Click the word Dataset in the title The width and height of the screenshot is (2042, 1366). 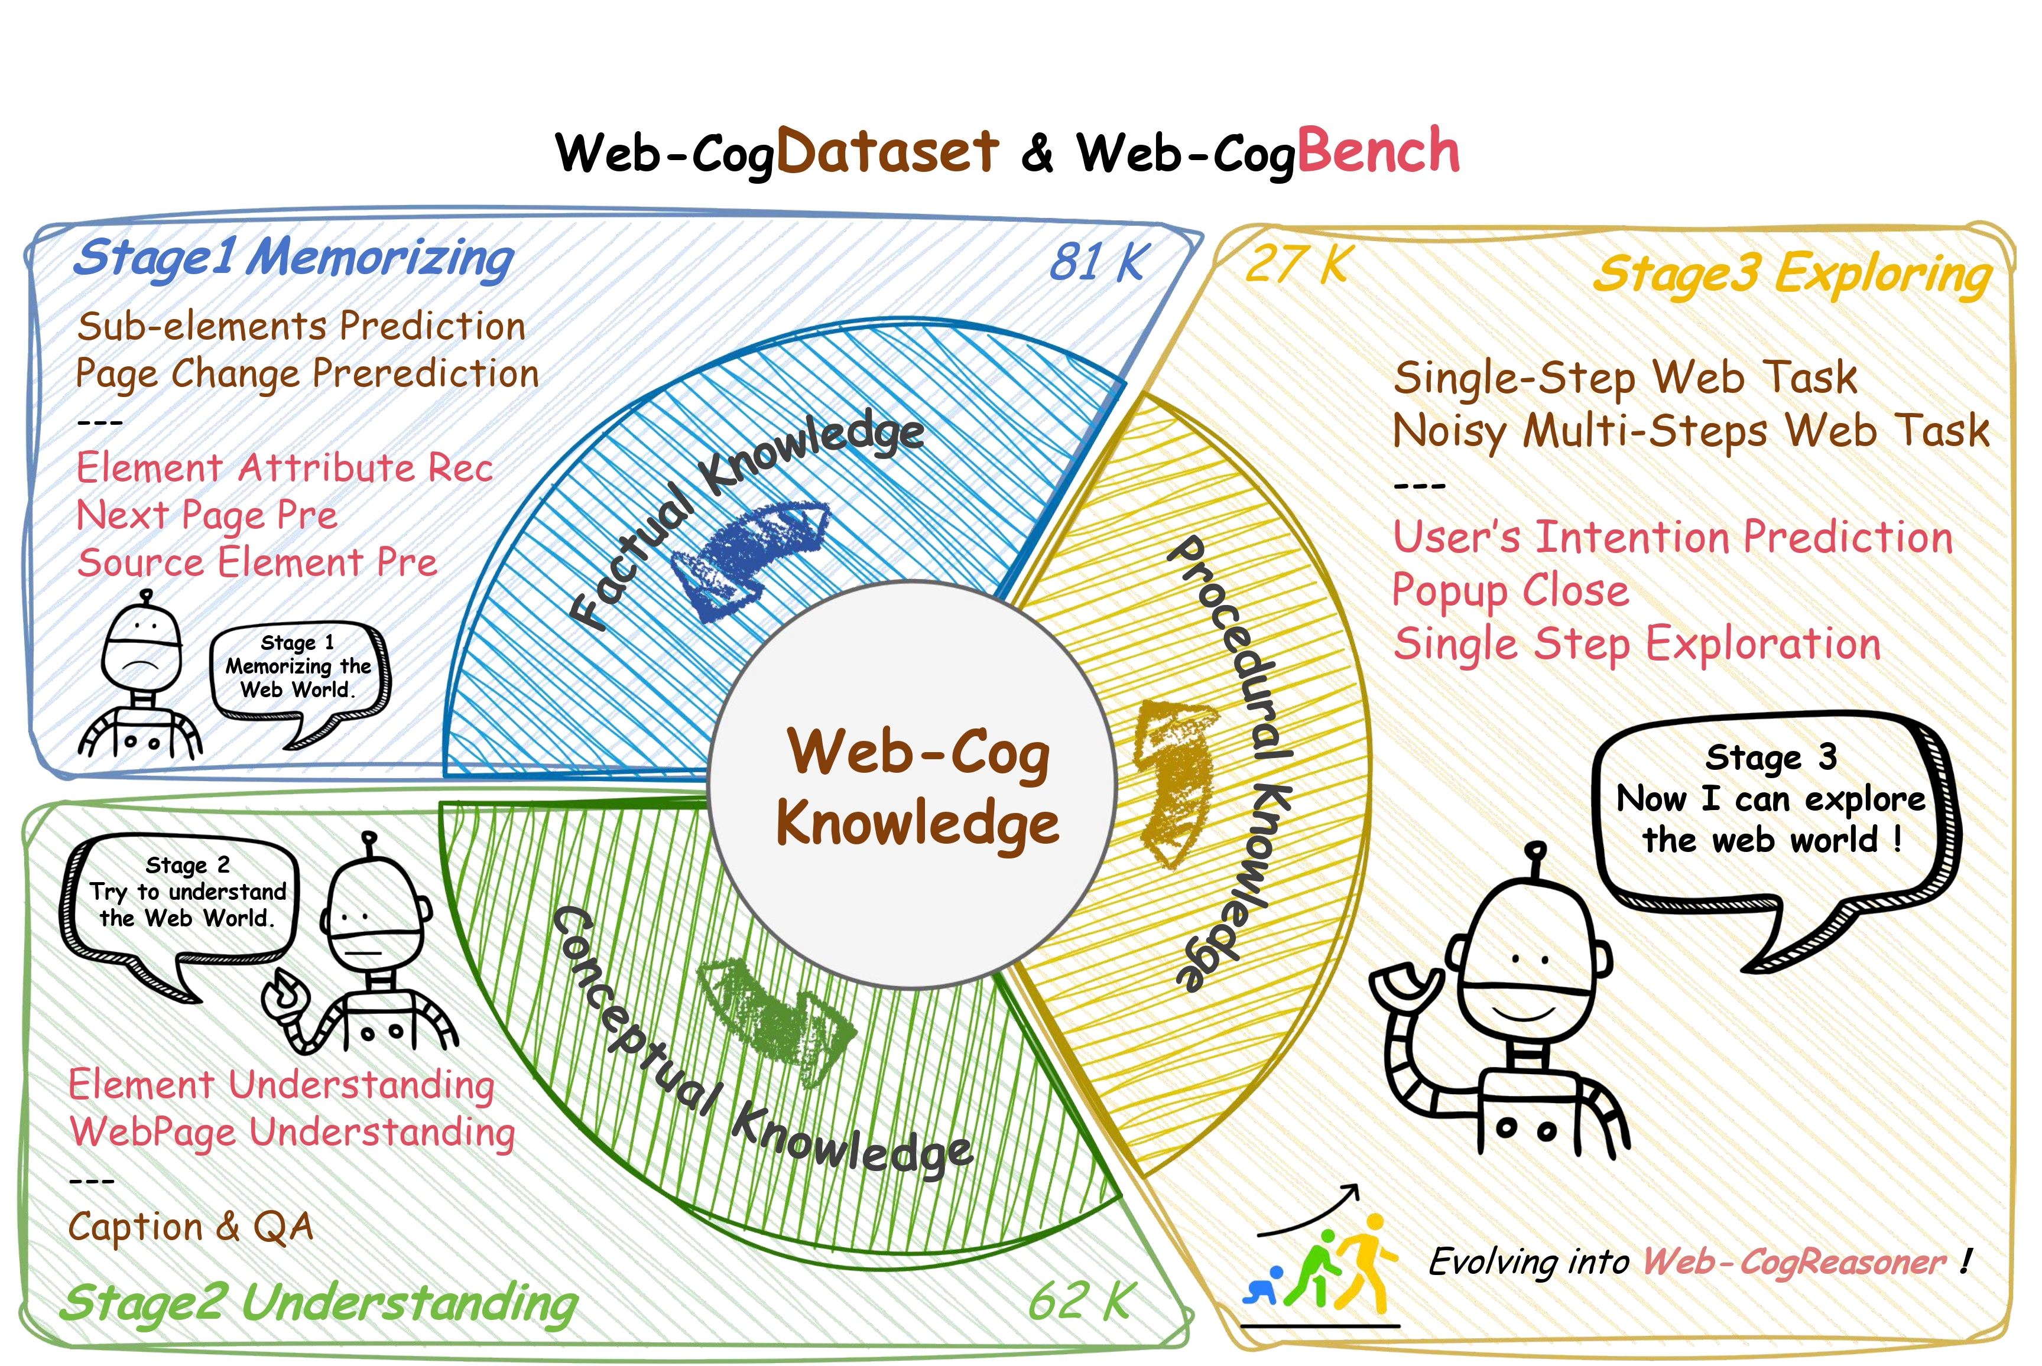[887, 152]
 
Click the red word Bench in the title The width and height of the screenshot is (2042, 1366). [1378, 152]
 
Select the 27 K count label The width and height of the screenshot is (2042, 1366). [1297, 264]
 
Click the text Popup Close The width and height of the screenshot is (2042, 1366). [1509, 591]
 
